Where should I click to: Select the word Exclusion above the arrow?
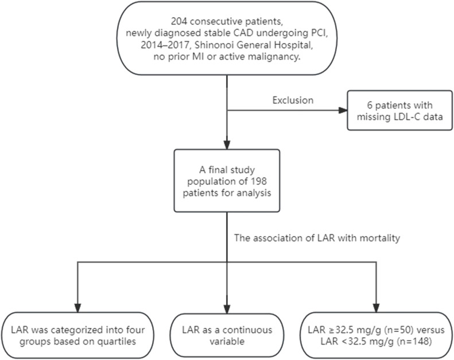[x=293, y=100]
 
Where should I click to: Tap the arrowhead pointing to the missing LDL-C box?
[x=343, y=110]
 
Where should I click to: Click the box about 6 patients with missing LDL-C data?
[x=400, y=110]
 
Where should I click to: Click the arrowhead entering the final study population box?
[x=227, y=145]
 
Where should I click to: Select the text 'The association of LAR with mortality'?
[x=317, y=238]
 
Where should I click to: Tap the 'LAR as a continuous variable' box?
[x=227, y=336]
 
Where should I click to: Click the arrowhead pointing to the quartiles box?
[x=77, y=308]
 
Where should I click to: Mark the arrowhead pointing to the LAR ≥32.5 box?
[x=376, y=308]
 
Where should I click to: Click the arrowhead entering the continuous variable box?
[x=227, y=309]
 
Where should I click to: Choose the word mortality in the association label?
[x=380, y=238]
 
